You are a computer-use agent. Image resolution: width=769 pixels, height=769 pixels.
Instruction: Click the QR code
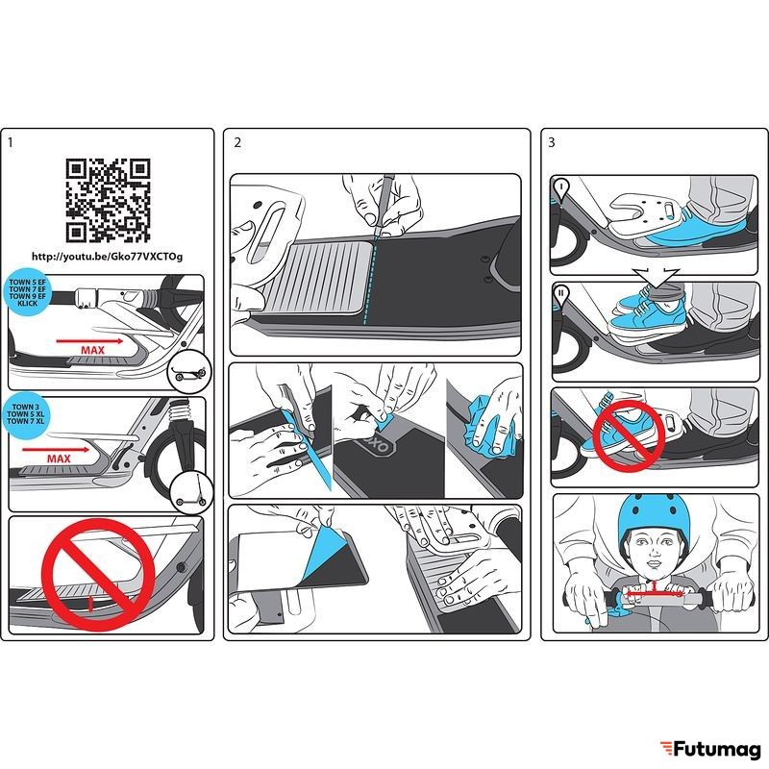(x=108, y=201)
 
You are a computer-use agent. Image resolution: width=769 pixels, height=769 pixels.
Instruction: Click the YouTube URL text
(x=107, y=257)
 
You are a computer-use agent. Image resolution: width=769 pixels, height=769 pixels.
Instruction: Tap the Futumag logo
(x=710, y=750)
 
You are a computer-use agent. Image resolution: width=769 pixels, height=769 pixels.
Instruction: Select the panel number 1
(x=11, y=142)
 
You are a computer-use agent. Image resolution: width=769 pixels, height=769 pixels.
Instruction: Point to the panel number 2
(x=237, y=142)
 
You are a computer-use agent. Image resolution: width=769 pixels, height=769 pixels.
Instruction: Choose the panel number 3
(x=551, y=142)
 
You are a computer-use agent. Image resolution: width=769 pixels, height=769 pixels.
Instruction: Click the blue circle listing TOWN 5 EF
(x=28, y=293)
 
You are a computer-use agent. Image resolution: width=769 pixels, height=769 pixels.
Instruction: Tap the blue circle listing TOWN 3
(x=25, y=414)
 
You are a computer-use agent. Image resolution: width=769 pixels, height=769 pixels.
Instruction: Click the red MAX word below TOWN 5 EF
(x=92, y=350)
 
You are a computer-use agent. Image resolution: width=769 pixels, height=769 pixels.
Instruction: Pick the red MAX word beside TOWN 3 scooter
(x=59, y=459)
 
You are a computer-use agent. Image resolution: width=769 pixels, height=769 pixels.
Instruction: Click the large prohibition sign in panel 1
(x=99, y=575)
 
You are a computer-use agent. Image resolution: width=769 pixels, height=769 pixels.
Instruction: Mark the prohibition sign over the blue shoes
(x=629, y=436)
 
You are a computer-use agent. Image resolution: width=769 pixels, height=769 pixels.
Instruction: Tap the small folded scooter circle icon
(x=189, y=372)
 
